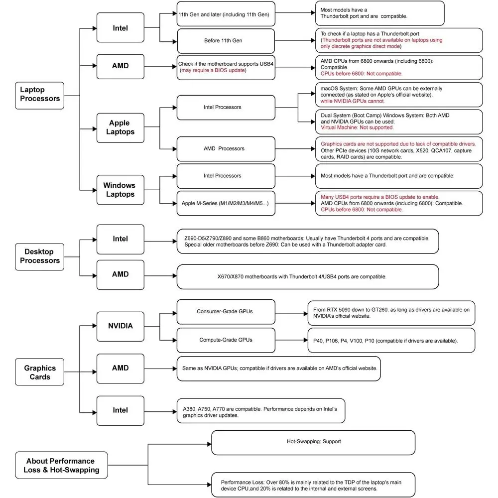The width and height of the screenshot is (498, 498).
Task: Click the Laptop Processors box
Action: coord(40,96)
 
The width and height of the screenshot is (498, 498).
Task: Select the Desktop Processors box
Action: coord(40,257)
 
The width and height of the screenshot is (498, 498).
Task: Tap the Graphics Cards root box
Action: coord(40,372)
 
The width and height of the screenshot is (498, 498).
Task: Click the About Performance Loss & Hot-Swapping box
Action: coord(61,465)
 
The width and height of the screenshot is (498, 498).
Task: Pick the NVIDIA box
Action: coord(121,327)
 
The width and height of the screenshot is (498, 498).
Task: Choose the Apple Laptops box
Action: coord(121,127)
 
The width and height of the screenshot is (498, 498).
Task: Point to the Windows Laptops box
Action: coord(121,190)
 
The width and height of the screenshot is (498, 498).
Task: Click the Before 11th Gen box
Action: coord(226,41)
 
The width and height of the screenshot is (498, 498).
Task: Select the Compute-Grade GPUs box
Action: coord(226,340)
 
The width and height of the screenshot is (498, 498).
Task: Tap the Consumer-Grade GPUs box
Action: coord(226,312)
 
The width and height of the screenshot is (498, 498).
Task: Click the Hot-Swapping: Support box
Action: coord(313,443)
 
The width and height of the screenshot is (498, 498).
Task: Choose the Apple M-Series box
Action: coord(226,203)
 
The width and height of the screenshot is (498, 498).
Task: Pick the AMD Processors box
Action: coord(226,149)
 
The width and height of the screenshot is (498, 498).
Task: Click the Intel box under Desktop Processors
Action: coord(121,240)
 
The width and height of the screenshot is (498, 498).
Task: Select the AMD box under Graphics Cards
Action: coord(121,369)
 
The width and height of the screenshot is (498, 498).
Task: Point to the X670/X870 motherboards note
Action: coord(308,277)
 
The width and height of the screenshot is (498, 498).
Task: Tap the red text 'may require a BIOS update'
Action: coord(213,70)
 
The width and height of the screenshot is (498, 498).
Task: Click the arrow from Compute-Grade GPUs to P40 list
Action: coord(291,340)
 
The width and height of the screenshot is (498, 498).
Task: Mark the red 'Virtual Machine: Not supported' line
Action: coord(357,127)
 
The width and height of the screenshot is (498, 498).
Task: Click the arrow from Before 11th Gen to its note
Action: coord(295,40)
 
